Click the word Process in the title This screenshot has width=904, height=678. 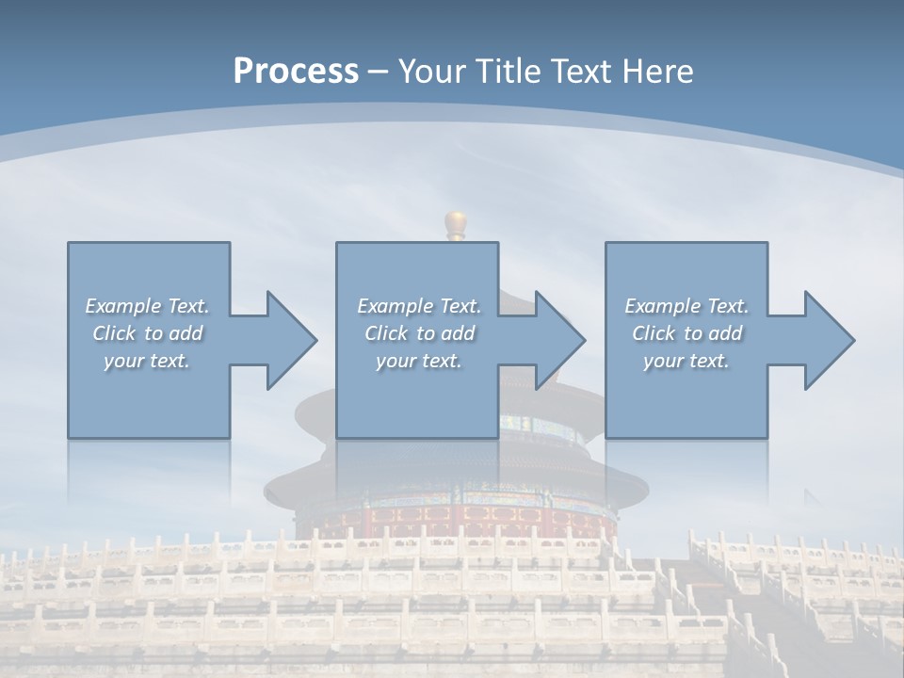tap(296, 72)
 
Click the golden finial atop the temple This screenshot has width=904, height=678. tap(457, 225)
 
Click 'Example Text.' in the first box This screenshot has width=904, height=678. tap(147, 306)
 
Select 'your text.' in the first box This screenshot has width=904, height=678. tap(147, 361)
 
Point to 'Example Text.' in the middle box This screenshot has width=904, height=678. tap(419, 306)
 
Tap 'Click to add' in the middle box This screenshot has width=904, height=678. tap(419, 333)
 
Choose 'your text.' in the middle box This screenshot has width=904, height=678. tap(419, 361)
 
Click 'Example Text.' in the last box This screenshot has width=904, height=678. tap(686, 306)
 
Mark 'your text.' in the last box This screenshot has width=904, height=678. tap(686, 361)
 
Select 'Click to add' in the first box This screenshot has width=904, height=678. tap(147, 333)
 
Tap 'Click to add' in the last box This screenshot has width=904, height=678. tap(686, 333)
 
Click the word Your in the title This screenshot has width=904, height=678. tap(429, 72)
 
